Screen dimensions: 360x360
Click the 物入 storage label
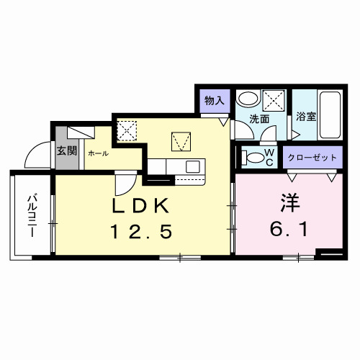pyautogui.click(x=214, y=100)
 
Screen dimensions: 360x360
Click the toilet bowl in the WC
pyautogui.click(x=252, y=156)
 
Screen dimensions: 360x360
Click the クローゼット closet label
pyautogui.click(x=311, y=157)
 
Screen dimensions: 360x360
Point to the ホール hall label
pyautogui.click(x=98, y=153)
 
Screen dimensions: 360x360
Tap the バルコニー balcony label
pyautogui.click(x=32, y=216)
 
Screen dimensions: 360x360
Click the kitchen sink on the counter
pyautogui.click(x=192, y=166)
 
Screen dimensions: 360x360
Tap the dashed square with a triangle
pyautogui.click(x=179, y=140)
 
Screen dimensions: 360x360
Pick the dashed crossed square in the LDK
pyautogui.click(x=127, y=130)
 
